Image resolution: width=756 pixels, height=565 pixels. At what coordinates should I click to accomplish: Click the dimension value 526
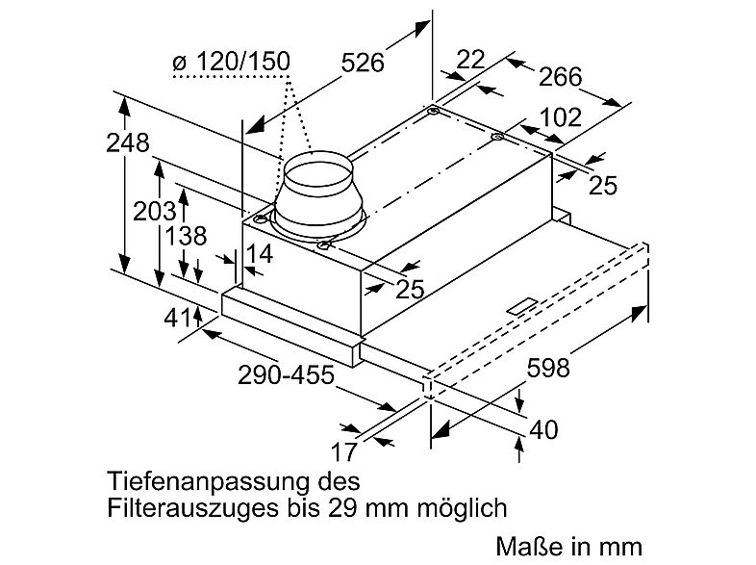363,64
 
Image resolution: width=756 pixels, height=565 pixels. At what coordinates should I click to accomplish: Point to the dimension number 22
470,59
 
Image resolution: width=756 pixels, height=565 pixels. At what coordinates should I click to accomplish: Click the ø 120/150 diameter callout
230,63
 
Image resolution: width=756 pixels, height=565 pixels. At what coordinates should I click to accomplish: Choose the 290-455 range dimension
286,375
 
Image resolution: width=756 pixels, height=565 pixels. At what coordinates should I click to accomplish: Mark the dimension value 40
544,429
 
